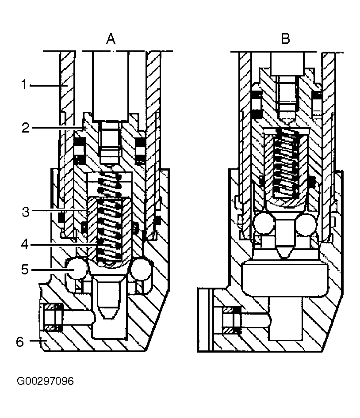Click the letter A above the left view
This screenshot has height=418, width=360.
(x=111, y=38)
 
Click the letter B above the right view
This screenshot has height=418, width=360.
(x=285, y=38)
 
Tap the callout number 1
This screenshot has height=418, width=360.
(x=24, y=85)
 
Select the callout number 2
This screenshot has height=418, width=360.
(x=26, y=128)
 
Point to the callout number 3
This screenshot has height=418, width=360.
(x=26, y=212)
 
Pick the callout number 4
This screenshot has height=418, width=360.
(x=25, y=244)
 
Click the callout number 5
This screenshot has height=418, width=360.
(x=25, y=270)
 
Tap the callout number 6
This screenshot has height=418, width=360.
(x=20, y=342)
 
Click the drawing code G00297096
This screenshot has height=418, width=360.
(x=45, y=381)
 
